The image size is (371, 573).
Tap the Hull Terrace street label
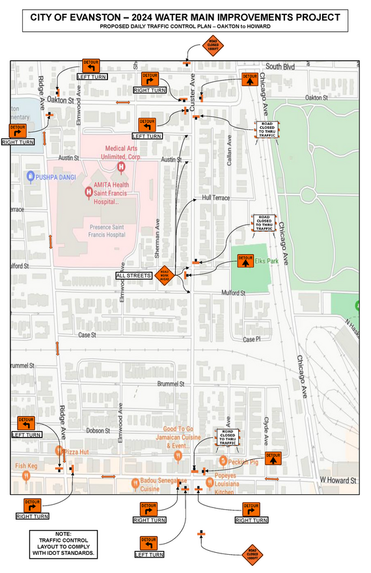pos(216,197)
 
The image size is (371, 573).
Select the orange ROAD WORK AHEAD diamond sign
pos(165,276)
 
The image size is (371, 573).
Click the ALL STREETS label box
pos(133,276)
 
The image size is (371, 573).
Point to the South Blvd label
pos(280,67)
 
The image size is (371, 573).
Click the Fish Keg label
pos(27,466)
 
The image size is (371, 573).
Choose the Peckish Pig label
pos(243,462)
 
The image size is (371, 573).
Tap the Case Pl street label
pos(251,340)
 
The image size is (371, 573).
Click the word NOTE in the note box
pos(63,533)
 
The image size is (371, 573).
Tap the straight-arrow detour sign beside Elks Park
pos(245,261)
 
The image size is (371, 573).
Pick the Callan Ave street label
pos(229,153)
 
